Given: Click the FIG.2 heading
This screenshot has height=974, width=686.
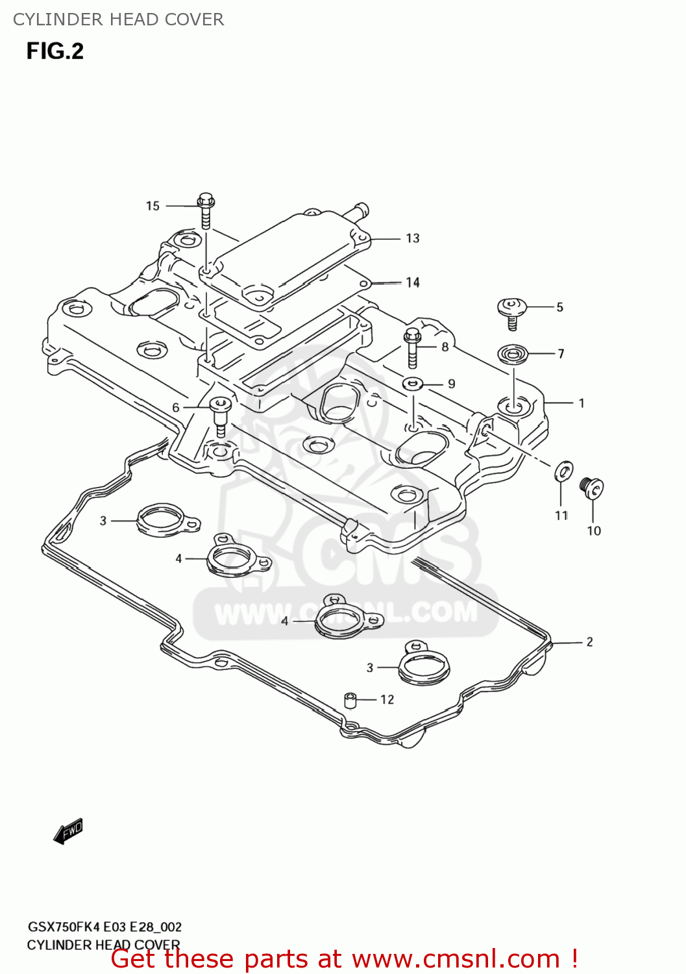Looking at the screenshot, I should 55,51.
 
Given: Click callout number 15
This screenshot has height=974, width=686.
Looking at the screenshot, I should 153,206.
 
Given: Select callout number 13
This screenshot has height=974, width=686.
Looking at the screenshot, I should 413,238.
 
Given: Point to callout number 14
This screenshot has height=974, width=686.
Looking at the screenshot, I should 413,282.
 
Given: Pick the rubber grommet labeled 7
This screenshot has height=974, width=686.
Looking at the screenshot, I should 513,355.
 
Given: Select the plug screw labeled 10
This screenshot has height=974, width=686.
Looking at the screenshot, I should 591,488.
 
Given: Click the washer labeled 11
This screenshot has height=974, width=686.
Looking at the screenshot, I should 563,471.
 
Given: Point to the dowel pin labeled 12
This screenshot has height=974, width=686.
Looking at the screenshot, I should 350,701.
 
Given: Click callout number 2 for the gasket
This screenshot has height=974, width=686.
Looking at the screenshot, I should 589,642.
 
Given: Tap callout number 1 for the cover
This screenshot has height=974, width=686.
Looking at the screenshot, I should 582,403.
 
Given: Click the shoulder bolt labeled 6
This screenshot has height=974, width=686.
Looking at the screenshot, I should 219,416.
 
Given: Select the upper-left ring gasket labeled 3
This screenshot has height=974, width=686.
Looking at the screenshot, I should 166,521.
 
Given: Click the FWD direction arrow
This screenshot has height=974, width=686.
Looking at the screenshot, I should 68,831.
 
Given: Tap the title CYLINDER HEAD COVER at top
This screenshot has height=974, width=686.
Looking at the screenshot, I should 119,19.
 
